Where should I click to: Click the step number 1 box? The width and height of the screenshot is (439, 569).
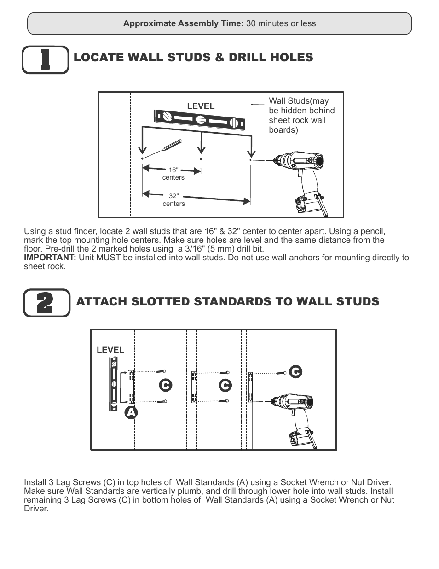[45, 59]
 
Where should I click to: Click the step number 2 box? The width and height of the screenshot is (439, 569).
[46, 303]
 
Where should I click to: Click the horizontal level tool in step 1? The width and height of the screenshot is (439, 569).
[200, 120]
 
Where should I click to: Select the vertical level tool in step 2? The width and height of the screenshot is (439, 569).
[113, 384]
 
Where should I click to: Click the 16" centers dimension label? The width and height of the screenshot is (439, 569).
[173, 174]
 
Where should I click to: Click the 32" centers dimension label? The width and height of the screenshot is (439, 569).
[173, 200]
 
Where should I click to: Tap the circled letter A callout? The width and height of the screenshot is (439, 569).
[131, 412]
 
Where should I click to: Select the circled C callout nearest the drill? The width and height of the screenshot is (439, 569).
[295, 372]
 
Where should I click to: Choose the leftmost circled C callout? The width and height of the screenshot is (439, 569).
[165, 385]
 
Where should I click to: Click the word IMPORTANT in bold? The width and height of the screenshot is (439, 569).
[50, 258]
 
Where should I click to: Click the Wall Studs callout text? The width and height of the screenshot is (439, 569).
[301, 115]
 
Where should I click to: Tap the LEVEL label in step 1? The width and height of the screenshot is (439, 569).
[201, 106]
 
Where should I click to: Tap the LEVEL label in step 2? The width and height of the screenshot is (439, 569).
[110, 350]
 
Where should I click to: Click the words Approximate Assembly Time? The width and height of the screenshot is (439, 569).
[183, 23]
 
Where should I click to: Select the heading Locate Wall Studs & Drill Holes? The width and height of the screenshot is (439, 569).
[193, 58]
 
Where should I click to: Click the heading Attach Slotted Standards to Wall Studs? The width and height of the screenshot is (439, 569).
[227, 302]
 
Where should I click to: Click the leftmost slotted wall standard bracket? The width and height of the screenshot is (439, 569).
[131, 386]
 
